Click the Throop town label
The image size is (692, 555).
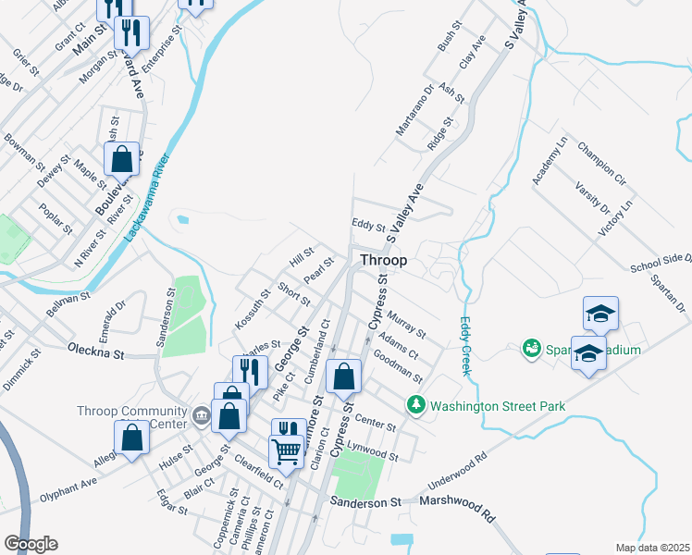(383, 261)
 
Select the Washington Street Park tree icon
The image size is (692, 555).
(416, 404)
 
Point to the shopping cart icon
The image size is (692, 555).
(287, 451)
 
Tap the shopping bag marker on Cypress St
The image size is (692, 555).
(344, 377)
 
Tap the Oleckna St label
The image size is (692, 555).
(95, 350)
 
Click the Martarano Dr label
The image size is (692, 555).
(415, 112)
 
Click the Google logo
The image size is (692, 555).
(30, 544)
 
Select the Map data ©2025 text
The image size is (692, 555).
(651, 548)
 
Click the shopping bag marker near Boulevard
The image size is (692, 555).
(121, 159)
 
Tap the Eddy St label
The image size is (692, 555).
(368, 224)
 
